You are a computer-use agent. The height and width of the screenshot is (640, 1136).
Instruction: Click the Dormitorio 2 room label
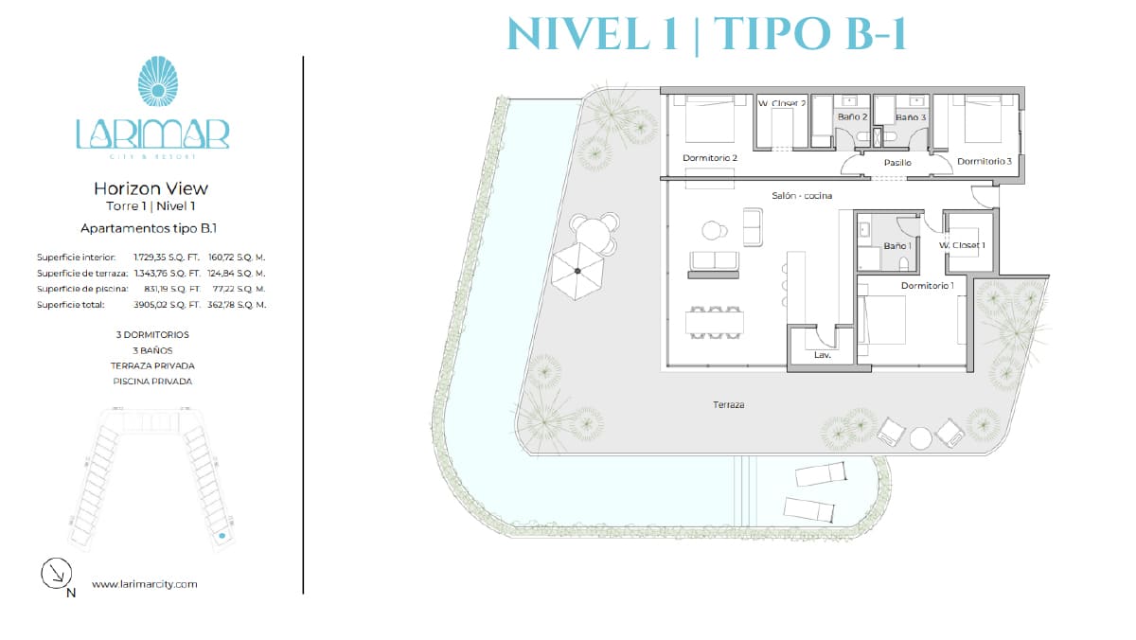pos(709,158)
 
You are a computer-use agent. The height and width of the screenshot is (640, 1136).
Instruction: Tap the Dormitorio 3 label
pos(984,161)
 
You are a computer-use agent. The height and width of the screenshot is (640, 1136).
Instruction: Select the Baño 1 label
pos(897,246)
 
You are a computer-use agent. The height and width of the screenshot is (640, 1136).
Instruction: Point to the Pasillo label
pos(897,162)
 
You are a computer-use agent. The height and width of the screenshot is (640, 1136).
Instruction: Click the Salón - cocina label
pos(802,195)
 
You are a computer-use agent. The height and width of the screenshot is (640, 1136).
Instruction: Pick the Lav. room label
pos(823,355)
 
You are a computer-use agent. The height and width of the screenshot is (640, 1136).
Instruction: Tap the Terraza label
pos(728,404)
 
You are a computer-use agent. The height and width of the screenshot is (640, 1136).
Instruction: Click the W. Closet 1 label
pos(962,245)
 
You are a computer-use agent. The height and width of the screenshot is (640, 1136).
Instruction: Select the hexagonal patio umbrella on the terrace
pos(577,271)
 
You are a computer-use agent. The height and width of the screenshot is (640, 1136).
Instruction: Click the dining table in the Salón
pos(715,323)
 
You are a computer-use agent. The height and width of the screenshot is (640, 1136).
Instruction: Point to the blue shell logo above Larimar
pos(158,81)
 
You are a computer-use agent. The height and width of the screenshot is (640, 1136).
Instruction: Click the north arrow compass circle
pos(56,573)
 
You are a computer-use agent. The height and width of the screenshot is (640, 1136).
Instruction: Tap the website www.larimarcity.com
pos(145,584)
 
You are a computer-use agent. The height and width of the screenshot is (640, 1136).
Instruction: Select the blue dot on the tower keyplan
pos(222,536)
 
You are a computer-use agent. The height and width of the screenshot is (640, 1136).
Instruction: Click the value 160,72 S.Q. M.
pos(237,258)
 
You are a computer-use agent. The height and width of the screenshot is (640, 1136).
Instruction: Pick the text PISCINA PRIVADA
pos(152,382)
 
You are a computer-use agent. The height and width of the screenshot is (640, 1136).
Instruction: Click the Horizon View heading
pos(151,188)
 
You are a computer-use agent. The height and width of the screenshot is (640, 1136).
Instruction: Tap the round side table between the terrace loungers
pos(920,438)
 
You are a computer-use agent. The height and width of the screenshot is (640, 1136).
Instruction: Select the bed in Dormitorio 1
pos(882,320)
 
